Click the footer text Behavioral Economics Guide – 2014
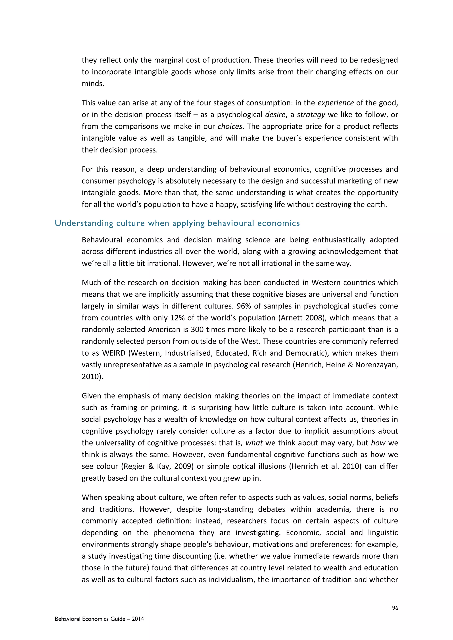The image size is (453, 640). point(99,619)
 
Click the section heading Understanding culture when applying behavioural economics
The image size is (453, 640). point(177,223)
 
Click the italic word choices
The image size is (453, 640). point(230,127)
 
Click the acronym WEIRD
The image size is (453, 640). point(114,353)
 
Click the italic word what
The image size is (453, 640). point(254,443)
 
